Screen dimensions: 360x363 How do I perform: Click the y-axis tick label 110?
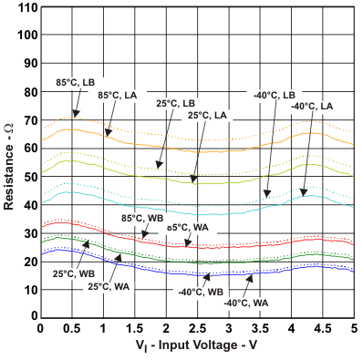click(24, 7)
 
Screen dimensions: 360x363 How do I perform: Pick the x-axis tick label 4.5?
click(323, 327)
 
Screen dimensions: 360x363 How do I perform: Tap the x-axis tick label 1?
click(103, 327)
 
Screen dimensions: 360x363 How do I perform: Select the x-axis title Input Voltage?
click(195, 348)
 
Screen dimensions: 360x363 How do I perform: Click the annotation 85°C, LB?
click(75, 82)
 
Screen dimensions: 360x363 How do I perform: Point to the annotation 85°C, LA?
click(117, 95)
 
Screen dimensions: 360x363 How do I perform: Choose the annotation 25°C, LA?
click(207, 116)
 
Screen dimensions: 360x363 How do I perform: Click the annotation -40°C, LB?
click(275, 95)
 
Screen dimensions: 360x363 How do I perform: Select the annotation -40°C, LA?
click(312, 107)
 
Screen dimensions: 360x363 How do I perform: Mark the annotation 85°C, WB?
click(142, 218)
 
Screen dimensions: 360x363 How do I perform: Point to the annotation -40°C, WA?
click(245, 303)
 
